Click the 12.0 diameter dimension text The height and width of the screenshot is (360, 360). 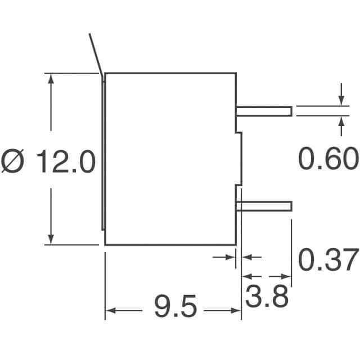tap(66, 161)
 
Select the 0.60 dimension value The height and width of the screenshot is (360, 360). tap(328, 159)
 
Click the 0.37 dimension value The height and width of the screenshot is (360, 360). tap(328, 259)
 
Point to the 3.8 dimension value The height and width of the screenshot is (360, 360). tap(267, 296)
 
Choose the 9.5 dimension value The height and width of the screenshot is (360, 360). tap(175, 306)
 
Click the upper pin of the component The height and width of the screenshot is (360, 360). tap(264, 111)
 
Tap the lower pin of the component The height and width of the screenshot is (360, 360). tap(264, 206)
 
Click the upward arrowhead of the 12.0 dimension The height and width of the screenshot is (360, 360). tap(51, 79)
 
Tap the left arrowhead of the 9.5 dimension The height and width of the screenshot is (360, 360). tap(110, 310)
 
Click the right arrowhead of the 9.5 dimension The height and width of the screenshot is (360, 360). tap(236, 310)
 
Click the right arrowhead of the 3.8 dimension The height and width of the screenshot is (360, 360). tap(286, 276)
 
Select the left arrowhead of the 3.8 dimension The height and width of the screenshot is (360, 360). tap(246, 276)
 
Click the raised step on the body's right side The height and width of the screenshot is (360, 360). tap(239, 159)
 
